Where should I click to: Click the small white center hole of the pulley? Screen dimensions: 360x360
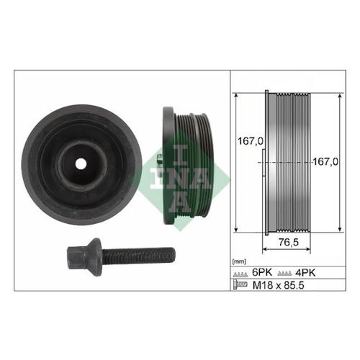coord(81,164)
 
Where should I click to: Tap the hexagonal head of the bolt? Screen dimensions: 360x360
coord(76,258)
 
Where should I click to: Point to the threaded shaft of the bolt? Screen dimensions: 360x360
coord(138,256)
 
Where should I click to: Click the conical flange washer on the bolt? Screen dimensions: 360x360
coord(94,258)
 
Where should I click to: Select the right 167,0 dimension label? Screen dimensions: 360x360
coord(325,162)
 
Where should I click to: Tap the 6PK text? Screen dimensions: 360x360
coord(262,272)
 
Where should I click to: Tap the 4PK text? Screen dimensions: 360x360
coord(305,272)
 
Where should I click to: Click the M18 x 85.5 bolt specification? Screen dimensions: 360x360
coord(279,285)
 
